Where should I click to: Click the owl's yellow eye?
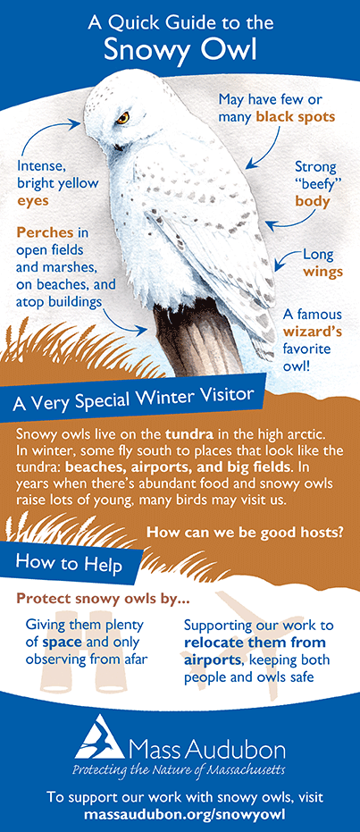point(123,118)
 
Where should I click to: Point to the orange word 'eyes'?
point(33,201)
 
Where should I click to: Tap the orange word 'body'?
point(313,202)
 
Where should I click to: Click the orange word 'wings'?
point(322,273)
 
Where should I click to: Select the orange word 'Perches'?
point(38,232)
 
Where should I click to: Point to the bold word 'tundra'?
point(189,433)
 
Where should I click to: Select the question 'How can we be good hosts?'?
point(244,533)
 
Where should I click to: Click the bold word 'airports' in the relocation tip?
point(209,660)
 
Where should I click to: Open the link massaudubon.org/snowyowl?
point(180,812)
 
